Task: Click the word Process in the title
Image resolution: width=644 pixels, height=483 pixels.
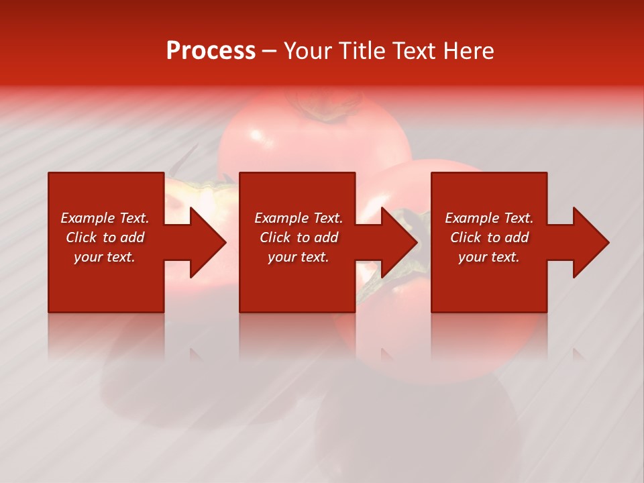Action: click(x=211, y=51)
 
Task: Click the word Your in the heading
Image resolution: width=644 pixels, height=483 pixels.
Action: click(x=309, y=51)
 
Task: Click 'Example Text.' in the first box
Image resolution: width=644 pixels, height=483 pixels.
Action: click(x=105, y=218)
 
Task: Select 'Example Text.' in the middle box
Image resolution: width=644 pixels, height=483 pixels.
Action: click(x=299, y=218)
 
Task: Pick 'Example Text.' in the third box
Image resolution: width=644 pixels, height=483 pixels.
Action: click(x=489, y=218)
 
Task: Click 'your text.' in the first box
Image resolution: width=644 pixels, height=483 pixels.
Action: click(x=105, y=257)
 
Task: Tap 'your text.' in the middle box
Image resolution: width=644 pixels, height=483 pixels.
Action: click(x=299, y=257)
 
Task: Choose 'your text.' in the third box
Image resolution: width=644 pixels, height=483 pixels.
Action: click(x=489, y=257)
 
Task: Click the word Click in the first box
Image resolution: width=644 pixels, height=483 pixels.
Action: click(x=81, y=237)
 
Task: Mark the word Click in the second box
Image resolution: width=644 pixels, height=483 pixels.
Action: click(x=275, y=237)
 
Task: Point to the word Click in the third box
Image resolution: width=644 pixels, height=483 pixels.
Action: click(x=466, y=237)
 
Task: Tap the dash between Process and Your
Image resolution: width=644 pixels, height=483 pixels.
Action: click(x=269, y=52)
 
